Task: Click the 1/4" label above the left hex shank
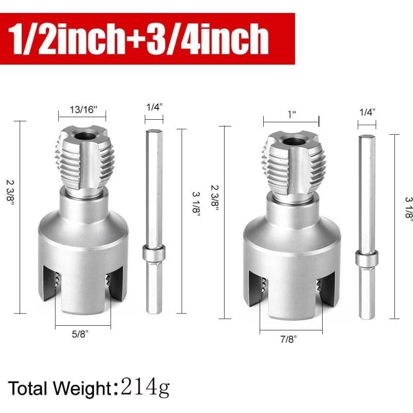click(x=154, y=107)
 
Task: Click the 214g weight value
click(x=145, y=386)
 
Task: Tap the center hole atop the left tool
click(x=87, y=136)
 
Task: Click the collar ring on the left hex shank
click(x=154, y=254)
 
